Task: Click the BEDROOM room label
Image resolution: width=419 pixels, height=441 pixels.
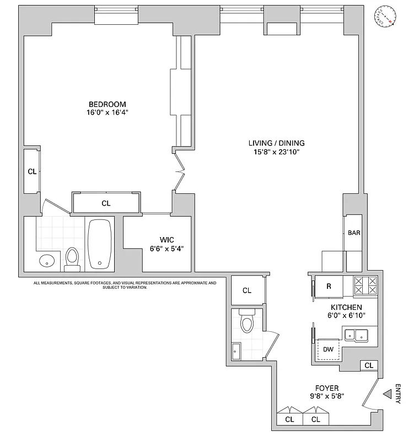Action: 108,104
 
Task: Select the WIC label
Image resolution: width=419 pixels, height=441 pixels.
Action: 167,239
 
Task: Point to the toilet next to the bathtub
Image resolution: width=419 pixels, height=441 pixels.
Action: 72,258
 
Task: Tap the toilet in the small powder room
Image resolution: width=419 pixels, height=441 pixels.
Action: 246,321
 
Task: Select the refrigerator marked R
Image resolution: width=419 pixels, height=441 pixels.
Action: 329,287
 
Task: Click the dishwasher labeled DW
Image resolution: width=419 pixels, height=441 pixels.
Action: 328,349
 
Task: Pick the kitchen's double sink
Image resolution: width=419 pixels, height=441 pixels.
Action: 356,334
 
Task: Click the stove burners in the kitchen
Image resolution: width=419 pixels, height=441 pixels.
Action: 365,286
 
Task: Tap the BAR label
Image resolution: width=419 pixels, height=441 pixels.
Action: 354,233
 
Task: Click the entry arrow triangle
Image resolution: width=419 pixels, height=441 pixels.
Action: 387,394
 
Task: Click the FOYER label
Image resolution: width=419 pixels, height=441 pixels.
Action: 327,388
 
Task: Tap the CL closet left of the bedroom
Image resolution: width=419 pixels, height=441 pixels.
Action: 32,171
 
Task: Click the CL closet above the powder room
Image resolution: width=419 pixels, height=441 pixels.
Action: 246,291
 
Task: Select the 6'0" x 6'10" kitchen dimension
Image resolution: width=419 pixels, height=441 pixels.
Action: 346,315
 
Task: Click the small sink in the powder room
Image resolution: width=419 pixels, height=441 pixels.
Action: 237,348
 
